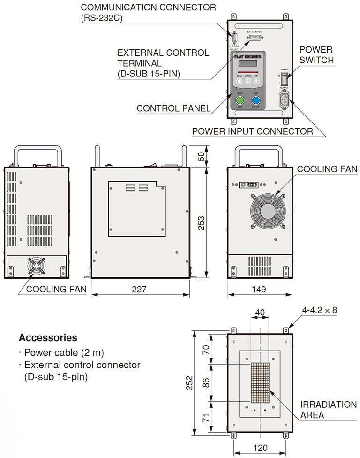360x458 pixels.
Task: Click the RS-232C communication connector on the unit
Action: [x=234, y=38]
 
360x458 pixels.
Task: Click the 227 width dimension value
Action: [x=139, y=290]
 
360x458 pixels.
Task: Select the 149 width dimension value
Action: [x=258, y=290]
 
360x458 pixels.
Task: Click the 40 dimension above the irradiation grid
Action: [x=260, y=312]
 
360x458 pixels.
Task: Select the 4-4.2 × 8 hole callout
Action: [x=320, y=310]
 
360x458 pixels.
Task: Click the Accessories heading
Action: [x=48, y=337]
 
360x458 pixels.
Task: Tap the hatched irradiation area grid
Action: [x=260, y=383]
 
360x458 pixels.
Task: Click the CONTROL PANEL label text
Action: [x=173, y=108]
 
